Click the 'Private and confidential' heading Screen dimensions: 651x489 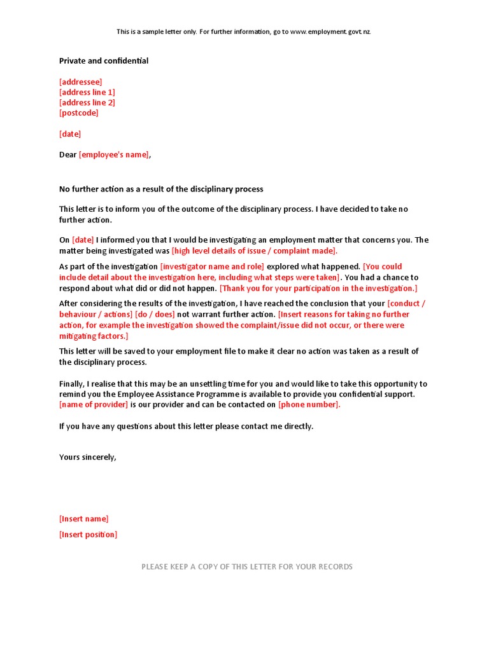click(x=104, y=61)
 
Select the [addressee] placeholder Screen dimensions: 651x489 click(x=80, y=82)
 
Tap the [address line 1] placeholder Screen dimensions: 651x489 click(x=87, y=92)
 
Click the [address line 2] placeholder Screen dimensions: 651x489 click(x=87, y=102)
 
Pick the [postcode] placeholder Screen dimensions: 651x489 click(x=79, y=113)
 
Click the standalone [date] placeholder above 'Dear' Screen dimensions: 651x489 click(x=70, y=134)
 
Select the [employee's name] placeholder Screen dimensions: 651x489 click(x=115, y=154)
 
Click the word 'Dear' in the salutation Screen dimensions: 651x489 click(x=68, y=154)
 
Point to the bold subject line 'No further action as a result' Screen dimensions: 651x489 click(x=161, y=189)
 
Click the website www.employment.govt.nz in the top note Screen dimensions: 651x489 click(x=330, y=32)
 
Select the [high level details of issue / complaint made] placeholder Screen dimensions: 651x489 click(x=255, y=251)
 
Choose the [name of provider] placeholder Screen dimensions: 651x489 click(x=94, y=405)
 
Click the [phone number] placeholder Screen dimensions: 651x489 click(x=309, y=405)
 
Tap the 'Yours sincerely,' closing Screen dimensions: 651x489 click(x=88, y=457)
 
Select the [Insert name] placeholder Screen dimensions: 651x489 click(x=84, y=519)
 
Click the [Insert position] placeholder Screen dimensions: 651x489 click(x=89, y=535)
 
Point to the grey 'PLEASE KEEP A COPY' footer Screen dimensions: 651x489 click(x=247, y=567)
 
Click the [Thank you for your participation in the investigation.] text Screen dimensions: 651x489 click(x=318, y=288)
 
